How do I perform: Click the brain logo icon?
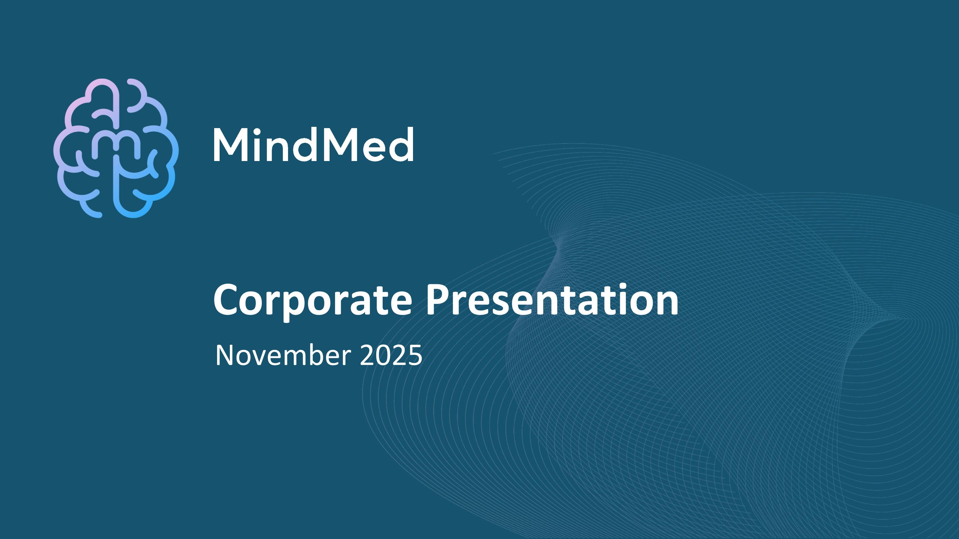116,148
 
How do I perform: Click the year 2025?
391,356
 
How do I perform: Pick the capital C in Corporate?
227,300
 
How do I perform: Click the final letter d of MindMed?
402,145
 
